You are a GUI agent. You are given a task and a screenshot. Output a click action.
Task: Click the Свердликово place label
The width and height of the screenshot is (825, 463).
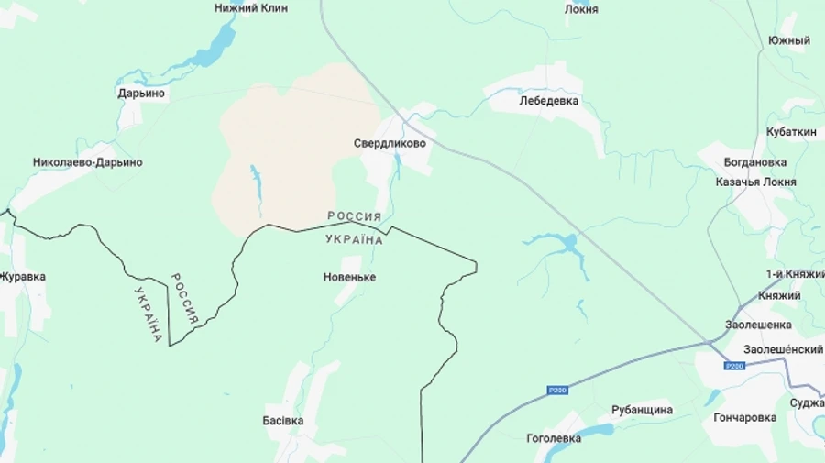[390, 144]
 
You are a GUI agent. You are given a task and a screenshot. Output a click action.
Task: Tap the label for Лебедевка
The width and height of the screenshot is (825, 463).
[548, 101]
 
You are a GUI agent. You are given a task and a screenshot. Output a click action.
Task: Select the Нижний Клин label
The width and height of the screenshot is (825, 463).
[250, 8]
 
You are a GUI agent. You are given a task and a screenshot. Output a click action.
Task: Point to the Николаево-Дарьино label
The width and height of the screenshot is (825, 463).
[87, 162]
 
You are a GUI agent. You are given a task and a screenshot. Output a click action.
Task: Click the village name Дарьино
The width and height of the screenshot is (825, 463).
[141, 93]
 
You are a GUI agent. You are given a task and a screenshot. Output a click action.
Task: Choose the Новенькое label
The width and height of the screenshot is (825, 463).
[349, 277]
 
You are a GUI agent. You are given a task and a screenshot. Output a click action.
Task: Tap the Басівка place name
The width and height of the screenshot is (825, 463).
[282, 421]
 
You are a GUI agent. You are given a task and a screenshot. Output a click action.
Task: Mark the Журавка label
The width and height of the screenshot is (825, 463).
[23, 277]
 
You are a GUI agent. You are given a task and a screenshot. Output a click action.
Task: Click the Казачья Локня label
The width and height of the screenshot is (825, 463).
[755, 182]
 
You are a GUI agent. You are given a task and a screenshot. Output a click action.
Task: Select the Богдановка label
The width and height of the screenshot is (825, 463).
[754, 162]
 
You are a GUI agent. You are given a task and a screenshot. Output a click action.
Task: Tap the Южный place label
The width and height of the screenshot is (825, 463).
[788, 41]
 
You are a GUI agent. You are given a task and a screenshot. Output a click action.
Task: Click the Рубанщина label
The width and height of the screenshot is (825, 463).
[642, 410]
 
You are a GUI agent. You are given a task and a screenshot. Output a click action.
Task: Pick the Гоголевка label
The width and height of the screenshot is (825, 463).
[553, 438]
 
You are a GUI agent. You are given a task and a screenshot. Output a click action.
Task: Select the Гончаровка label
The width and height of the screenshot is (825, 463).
[744, 417]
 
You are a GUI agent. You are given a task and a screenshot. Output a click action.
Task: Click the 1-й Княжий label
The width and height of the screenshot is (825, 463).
[794, 274]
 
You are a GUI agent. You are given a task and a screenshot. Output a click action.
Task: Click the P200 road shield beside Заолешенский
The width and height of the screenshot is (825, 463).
[733, 366]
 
